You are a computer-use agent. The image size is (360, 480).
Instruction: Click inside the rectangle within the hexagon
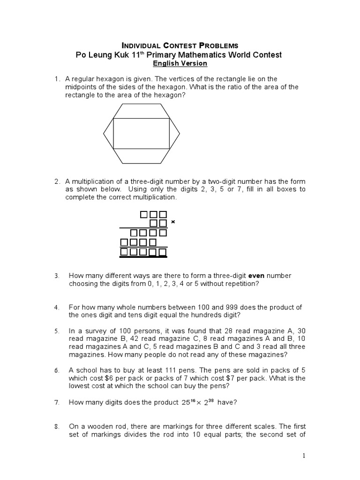[x=142, y=134]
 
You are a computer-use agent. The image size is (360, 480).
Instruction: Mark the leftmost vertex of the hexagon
[x=104, y=134]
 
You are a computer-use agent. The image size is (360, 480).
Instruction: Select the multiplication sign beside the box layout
[x=173, y=222]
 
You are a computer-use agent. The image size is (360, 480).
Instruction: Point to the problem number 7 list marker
[x=56, y=402]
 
